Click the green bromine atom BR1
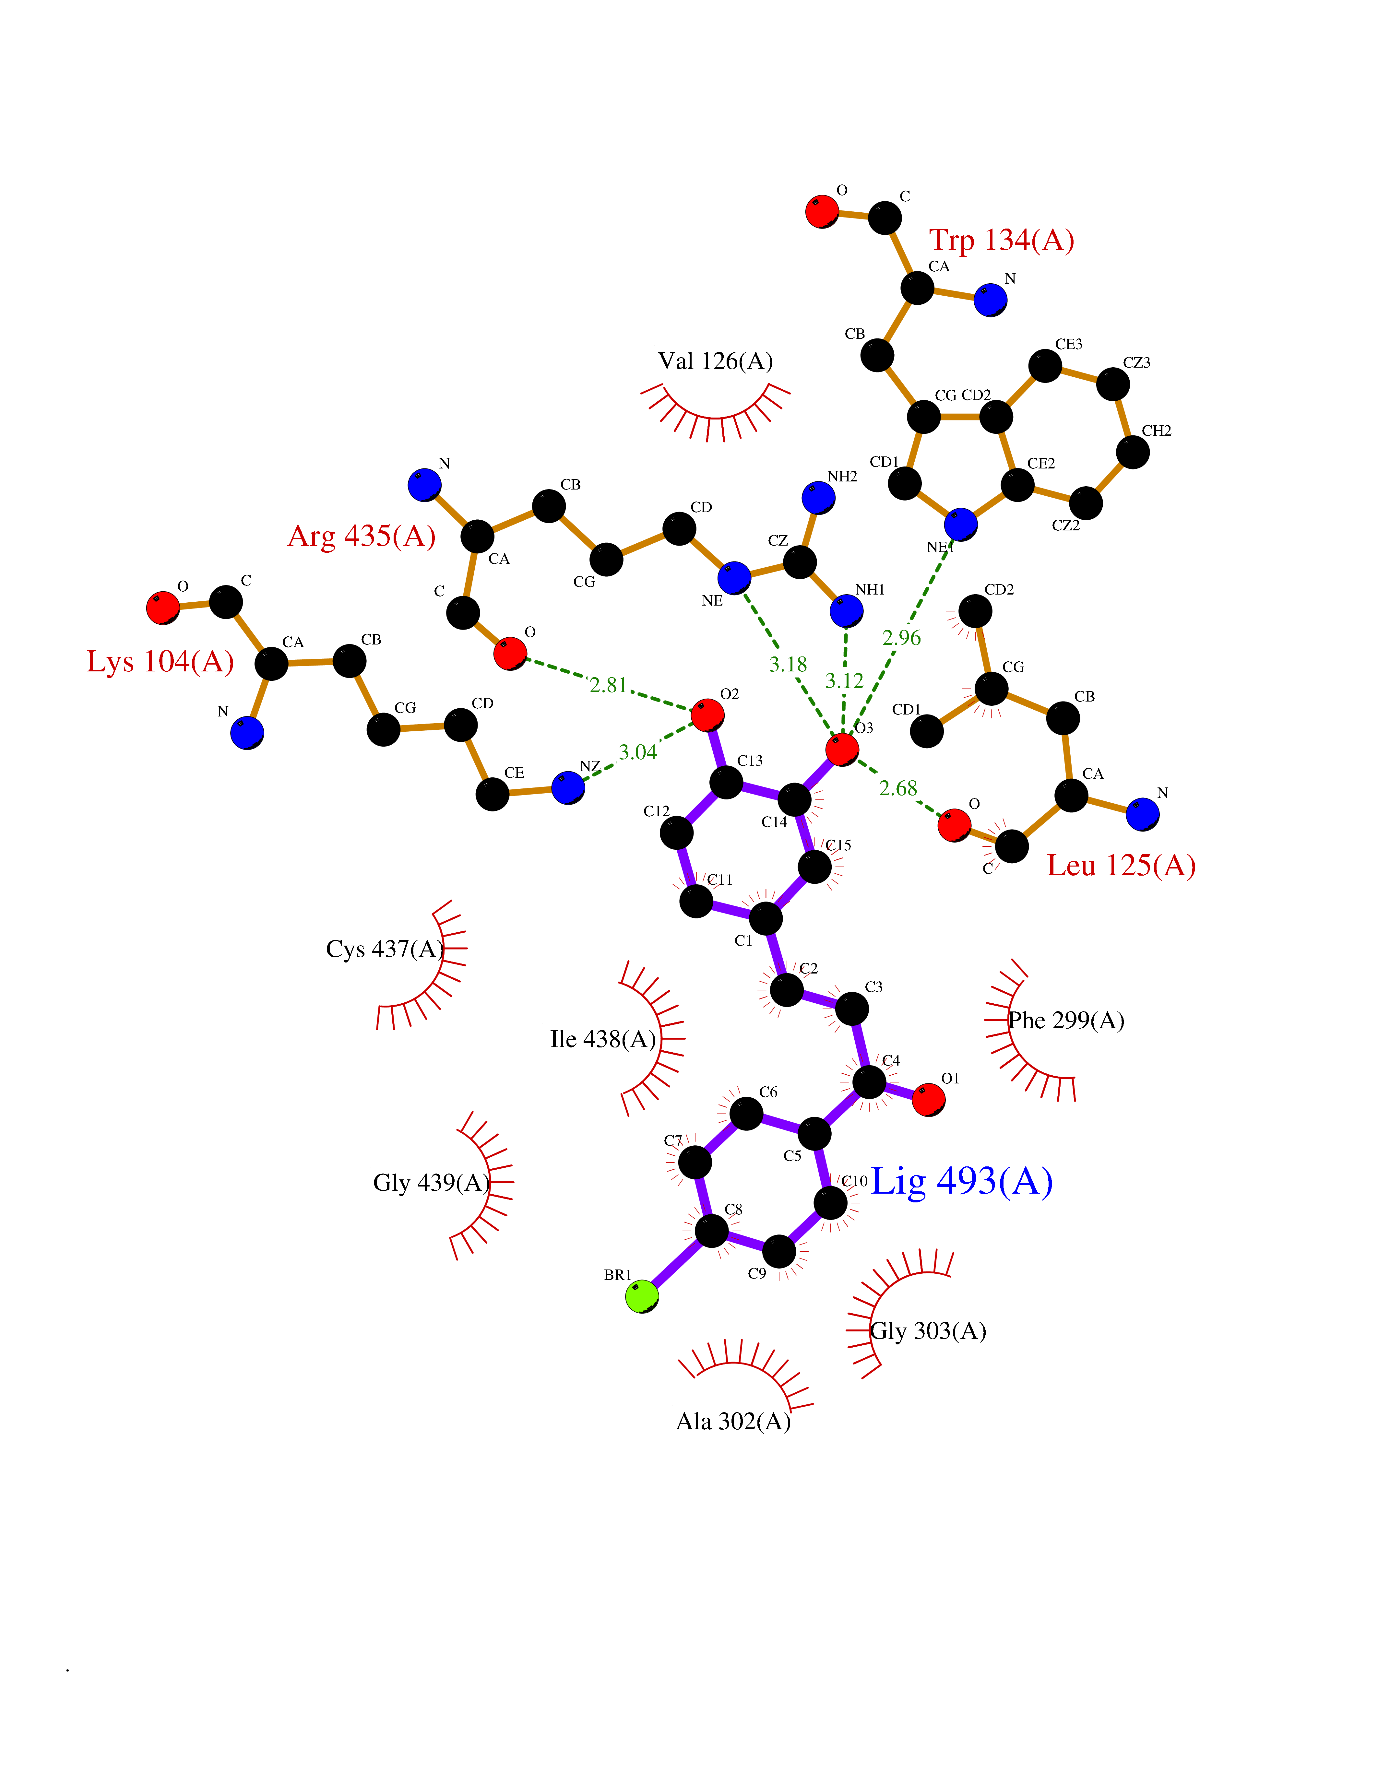[642, 1296]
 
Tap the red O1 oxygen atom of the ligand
[928, 1099]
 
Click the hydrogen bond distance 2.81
[608, 685]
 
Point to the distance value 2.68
[898, 788]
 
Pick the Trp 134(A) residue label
[1002, 240]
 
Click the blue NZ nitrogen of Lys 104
[568, 788]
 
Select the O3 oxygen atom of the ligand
[842, 749]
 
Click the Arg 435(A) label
[362, 537]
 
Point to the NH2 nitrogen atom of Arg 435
[818, 497]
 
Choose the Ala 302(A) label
[733, 1421]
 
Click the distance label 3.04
[637, 752]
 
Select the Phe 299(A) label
[1066, 1021]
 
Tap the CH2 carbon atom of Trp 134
[1132, 452]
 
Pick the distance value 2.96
[901, 638]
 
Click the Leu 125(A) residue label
[1121, 865]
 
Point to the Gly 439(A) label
[431, 1182]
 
